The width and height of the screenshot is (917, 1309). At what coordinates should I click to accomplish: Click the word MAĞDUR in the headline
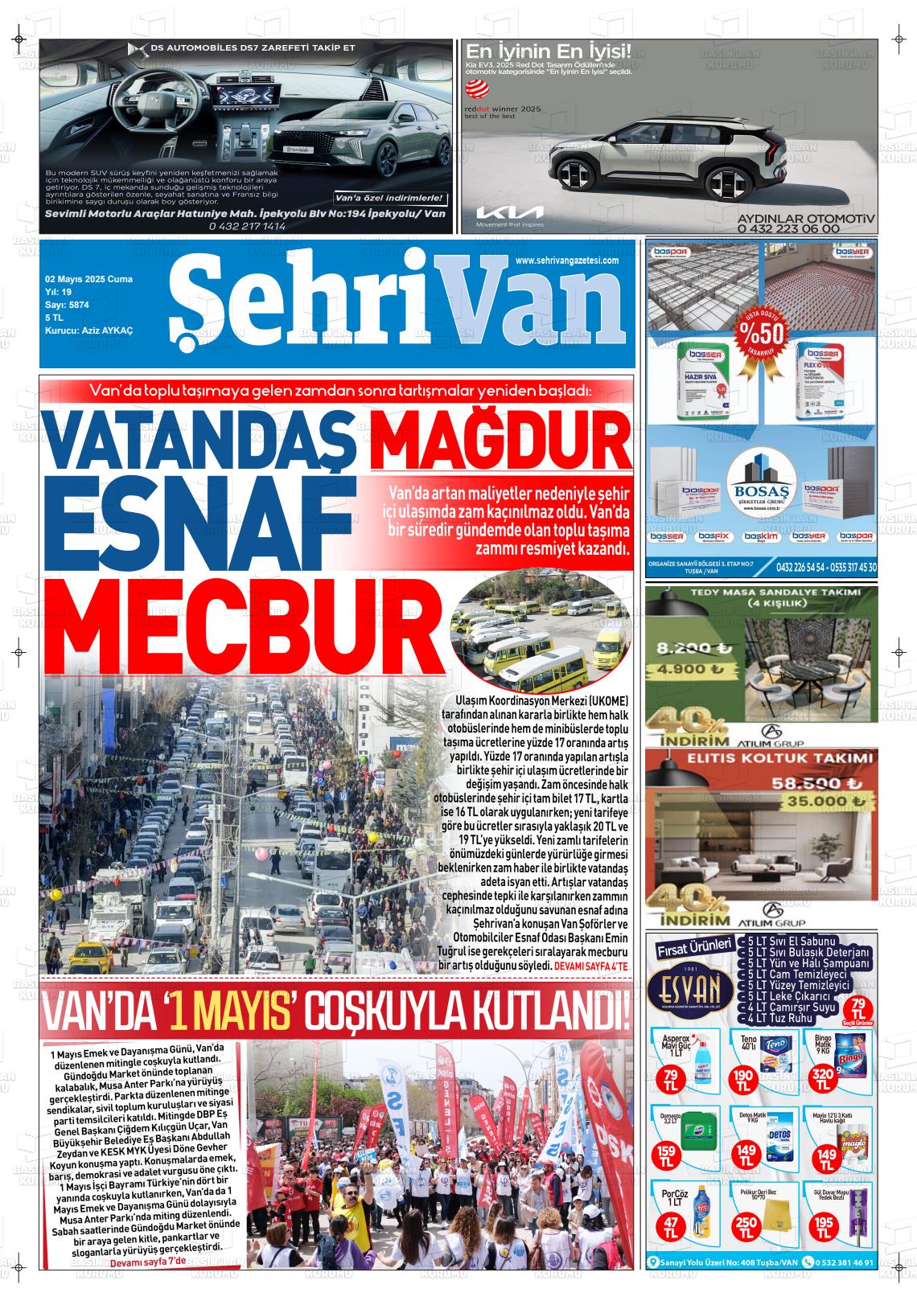500,439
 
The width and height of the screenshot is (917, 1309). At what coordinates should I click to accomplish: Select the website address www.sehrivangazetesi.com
566,261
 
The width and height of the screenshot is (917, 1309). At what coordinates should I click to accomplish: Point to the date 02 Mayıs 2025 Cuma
88,279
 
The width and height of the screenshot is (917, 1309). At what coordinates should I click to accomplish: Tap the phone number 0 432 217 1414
246,227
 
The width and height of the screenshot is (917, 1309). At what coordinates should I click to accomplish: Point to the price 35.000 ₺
818,801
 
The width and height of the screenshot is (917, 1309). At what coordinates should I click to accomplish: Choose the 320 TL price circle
822,1077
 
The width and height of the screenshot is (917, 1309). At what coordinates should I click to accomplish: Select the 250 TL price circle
746,1225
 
